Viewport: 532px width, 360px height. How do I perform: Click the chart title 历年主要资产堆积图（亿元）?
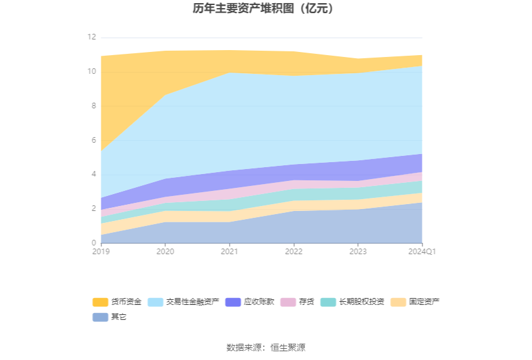click(x=266, y=9)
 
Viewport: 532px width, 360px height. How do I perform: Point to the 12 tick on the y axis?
click(x=91, y=38)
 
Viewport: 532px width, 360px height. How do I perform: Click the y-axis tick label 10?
click(x=91, y=72)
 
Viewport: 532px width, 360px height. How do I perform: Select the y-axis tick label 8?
click(x=93, y=106)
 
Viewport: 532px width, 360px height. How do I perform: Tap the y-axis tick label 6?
click(x=93, y=140)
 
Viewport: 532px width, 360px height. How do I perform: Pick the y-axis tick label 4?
click(x=93, y=174)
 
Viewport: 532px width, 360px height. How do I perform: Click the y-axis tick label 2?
click(x=93, y=208)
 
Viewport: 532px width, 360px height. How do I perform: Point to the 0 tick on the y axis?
click(x=93, y=243)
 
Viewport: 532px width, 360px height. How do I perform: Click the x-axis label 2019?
click(x=101, y=252)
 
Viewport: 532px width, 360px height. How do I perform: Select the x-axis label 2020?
click(x=165, y=252)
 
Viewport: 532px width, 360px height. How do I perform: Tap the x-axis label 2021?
click(x=230, y=252)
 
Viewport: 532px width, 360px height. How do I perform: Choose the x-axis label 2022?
click(x=294, y=252)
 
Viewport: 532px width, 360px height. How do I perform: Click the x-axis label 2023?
click(x=358, y=252)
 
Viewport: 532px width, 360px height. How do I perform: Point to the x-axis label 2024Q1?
click(x=422, y=252)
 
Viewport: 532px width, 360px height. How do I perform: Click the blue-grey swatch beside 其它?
click(x=100, y=317)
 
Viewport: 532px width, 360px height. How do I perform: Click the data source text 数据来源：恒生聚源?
click(x=266, y=347)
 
